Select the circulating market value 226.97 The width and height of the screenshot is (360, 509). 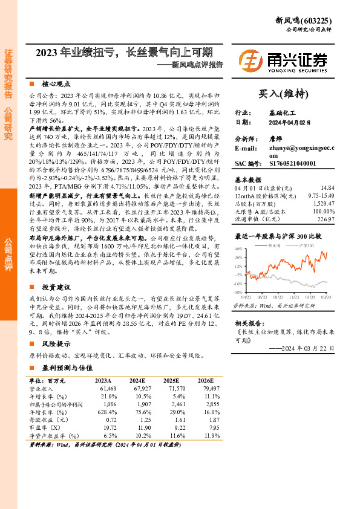[x=325, y=219]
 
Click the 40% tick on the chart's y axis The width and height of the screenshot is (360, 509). [x=238, y=248]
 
